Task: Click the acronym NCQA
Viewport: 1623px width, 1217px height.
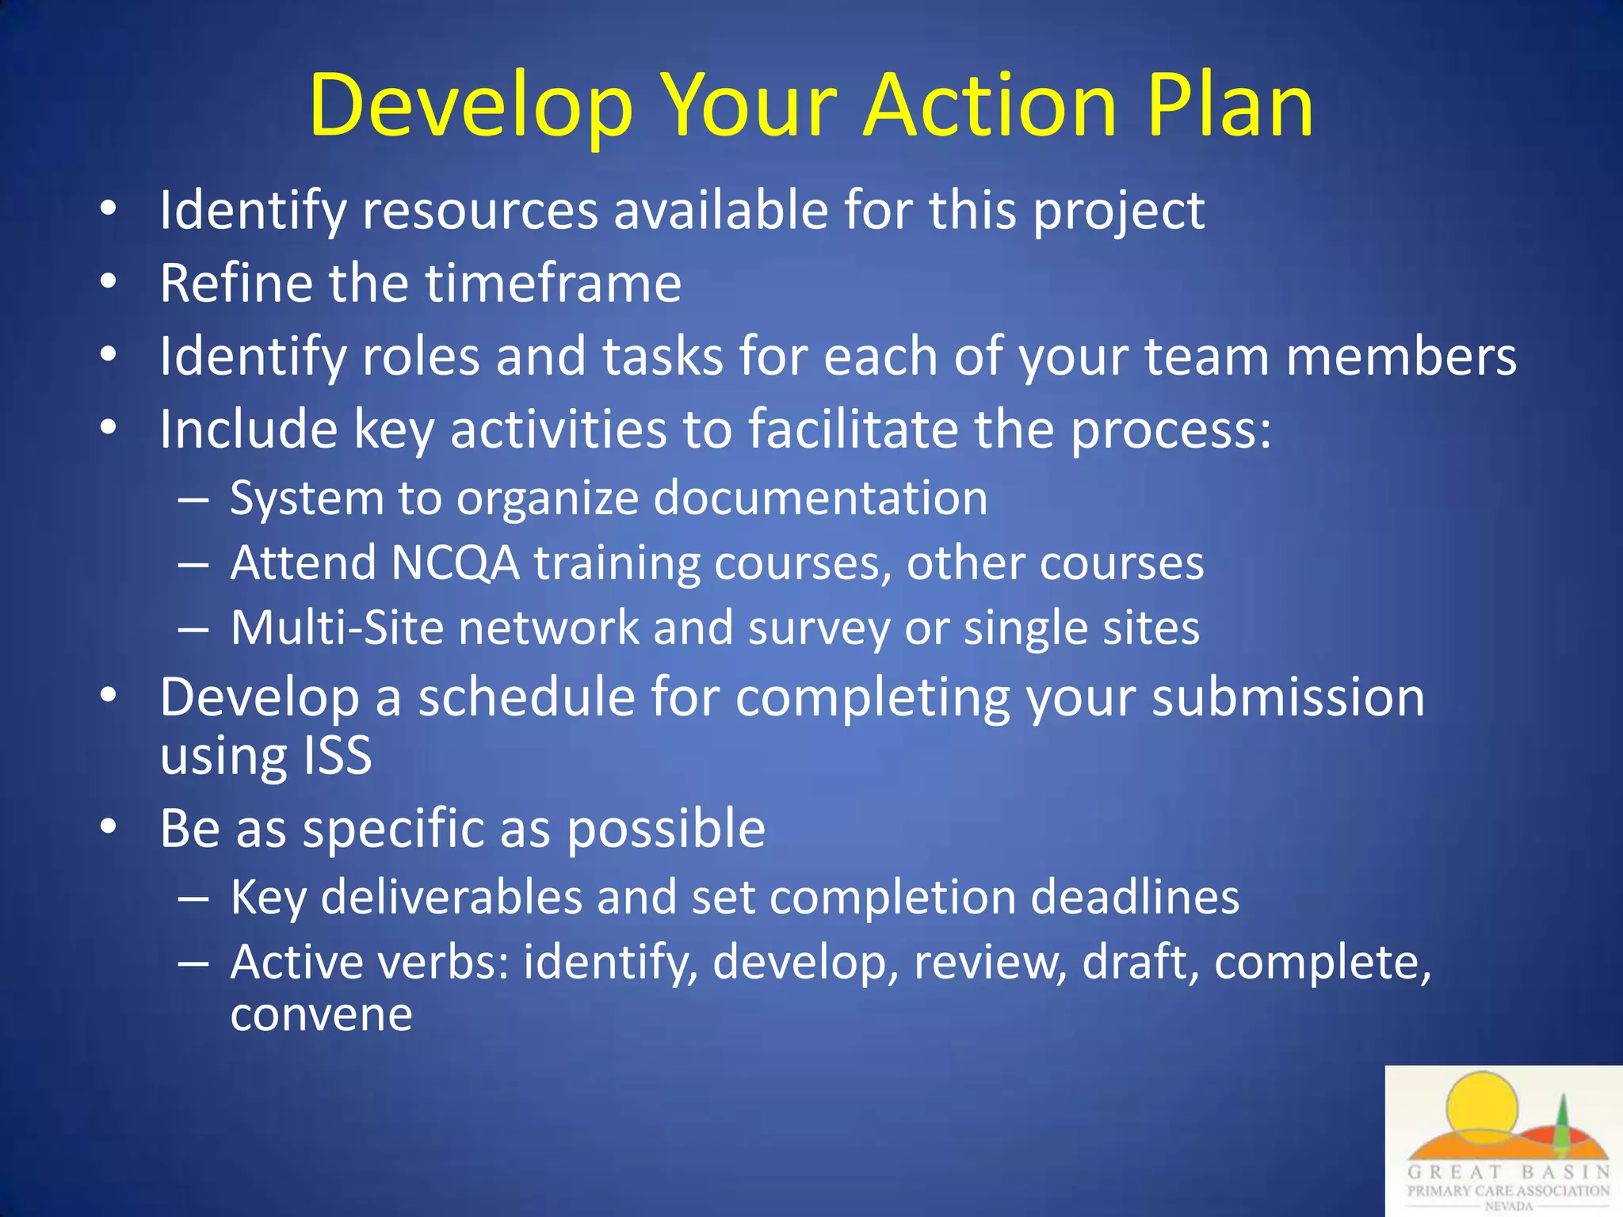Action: (455, 563)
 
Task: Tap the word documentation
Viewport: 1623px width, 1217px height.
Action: (820, 498)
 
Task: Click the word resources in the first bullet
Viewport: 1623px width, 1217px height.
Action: (479, 211)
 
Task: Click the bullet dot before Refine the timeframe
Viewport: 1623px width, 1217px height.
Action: (109, 280)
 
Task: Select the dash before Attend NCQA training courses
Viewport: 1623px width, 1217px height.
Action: (193, 564)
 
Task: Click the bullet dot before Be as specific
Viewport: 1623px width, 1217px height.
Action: (109, 826)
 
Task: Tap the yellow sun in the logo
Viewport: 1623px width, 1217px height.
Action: (1480, 1105)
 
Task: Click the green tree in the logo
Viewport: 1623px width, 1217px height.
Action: (1562, 1129)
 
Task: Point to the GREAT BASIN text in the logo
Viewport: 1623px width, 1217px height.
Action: (1508, 1172)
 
